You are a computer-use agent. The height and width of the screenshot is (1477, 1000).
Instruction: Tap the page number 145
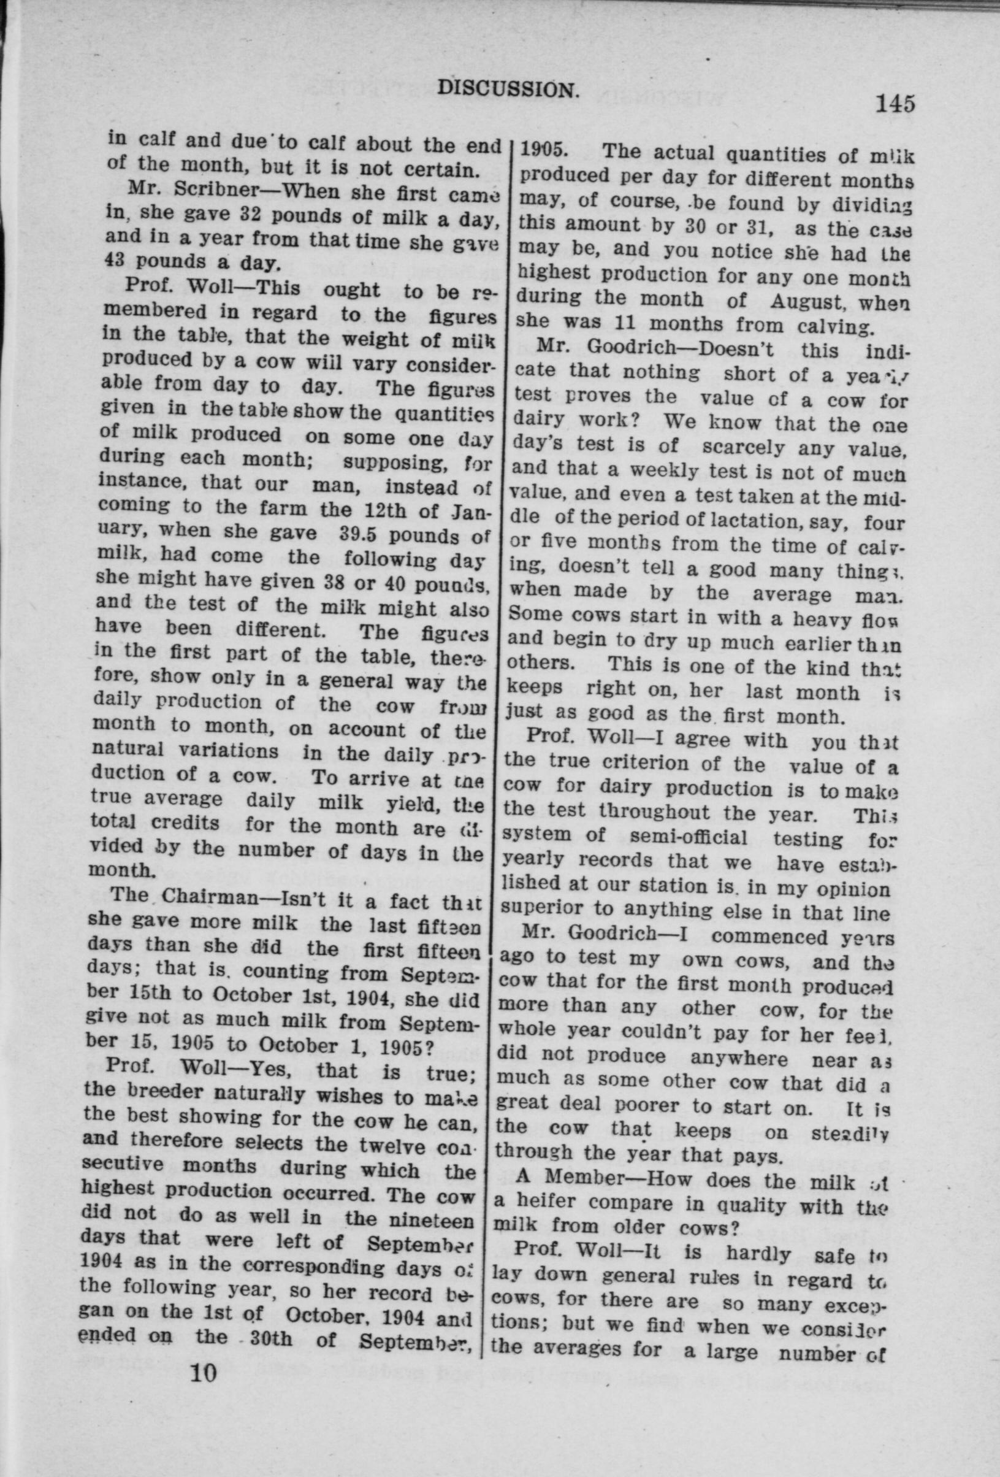pos(894,102)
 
